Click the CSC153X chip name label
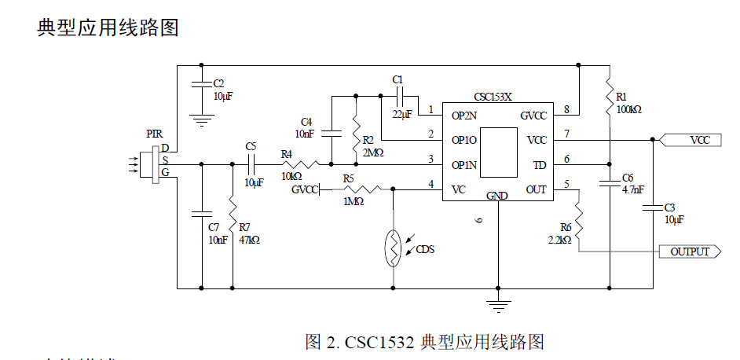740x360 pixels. pos(493,97)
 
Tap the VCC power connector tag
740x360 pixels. pos(698,141)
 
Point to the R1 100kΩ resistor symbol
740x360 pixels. pos(610,95)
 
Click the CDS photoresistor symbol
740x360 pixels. pos(392,249)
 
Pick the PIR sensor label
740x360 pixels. pos(155,134)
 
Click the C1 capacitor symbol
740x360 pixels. pos(398,97)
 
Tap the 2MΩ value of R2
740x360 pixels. pos(373,152)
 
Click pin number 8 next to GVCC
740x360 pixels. pos(566,109)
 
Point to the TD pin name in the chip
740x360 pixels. pos(539,165)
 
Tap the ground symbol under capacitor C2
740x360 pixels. pos(202,119)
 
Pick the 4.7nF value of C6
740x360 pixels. pos(633,189)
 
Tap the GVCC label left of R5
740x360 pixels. pos(305,189)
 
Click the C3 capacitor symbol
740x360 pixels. pos(654,208)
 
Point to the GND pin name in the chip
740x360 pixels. pos(497,195)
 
